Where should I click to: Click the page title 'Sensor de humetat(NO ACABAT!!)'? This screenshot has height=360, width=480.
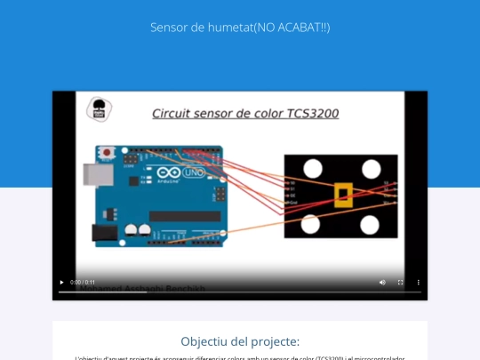240,28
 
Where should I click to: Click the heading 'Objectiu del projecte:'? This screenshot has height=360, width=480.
240,341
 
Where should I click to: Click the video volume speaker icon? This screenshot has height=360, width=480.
382,283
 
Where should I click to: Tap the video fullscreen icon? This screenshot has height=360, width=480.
400,283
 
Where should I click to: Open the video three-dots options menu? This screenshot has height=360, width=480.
419,283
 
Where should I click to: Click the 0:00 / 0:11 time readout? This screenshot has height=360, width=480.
83,283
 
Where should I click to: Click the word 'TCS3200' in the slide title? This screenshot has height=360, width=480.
313,114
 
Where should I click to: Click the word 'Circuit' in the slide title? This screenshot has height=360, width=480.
172,114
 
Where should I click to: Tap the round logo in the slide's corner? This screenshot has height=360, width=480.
99,110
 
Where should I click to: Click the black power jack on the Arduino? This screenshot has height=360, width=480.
104,233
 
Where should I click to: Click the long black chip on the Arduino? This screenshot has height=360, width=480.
185,216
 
